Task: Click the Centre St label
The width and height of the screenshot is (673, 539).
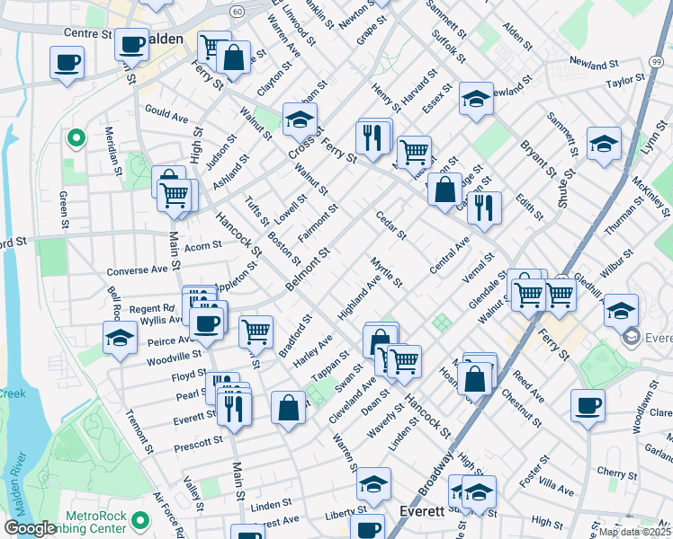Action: (x=87, y=33)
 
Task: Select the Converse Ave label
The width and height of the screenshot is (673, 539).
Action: (x=138, y=269)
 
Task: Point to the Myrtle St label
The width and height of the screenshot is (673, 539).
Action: (x=386, y=271)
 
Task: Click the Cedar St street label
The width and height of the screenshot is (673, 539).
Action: (x=391, y=225)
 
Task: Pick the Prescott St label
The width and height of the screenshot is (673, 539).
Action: (x=201, y=441)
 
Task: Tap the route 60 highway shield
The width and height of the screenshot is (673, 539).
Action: (x=236, y=12)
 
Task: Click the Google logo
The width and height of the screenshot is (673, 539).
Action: (x=30, y=529)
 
